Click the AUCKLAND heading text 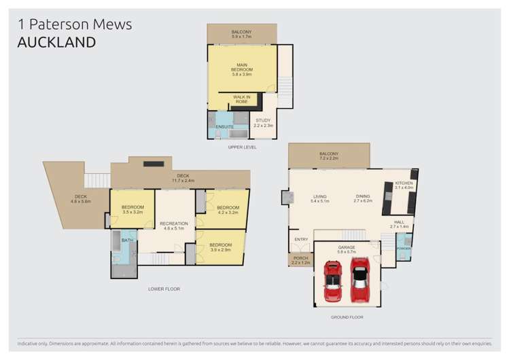(x=56, y=42)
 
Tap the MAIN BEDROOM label (x=241, y=67)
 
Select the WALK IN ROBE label (x=241, y=99)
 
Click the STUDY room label (x=263, y=120)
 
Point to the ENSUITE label (x=225, y=127)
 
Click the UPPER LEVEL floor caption (x=242, y=147)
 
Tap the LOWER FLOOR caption (x=164, y=289)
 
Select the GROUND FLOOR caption (x=348, y=317)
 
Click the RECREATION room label (x=174, y=223)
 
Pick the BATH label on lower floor (x=127, y=240)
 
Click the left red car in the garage (x=332, y=281)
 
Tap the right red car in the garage (x=359, y=279)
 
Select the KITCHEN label (x=404, y=183)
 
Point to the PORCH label (x=300, y=257)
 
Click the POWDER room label (x=404, y=249)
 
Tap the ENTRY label (x=301, y=240)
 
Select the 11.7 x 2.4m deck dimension (x=183, y=181)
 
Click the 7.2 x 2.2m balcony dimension (x=329, y=158)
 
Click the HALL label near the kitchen (x=399, y=221)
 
